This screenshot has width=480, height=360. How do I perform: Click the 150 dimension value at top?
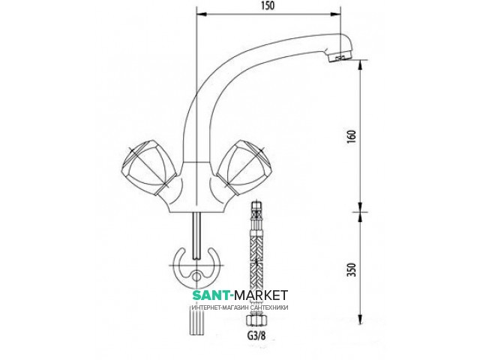[268, 6]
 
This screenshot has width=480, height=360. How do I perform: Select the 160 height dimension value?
[352, 136]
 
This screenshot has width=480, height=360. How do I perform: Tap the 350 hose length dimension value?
[352, 270]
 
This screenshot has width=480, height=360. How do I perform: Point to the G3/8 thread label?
[256, 336]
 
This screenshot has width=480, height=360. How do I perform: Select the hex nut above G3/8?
[256, 322]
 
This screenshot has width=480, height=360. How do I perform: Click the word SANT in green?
[211, 295]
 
